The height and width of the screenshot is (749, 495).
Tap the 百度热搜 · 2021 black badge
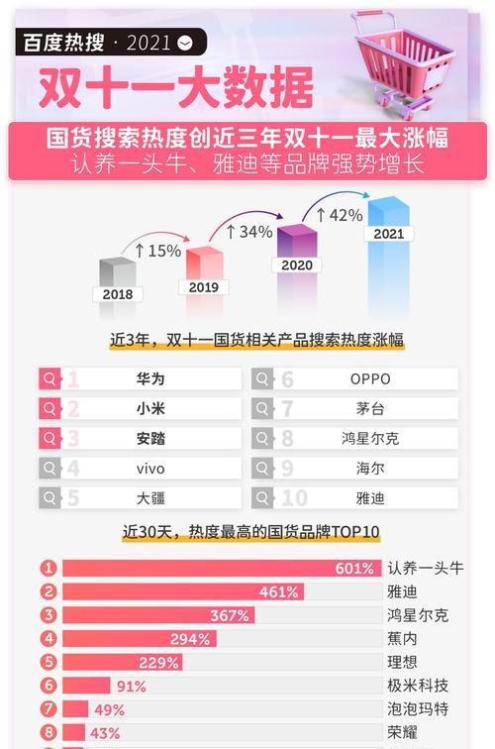110,42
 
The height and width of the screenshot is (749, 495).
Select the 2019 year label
203,286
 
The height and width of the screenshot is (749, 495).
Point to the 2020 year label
296,265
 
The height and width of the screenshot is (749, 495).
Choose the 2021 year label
388,234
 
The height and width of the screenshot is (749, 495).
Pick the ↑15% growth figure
157,251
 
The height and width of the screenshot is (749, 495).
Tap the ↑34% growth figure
248,231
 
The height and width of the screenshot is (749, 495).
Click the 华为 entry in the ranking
150,378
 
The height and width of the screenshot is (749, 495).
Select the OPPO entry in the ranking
370,378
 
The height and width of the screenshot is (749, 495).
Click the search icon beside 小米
49,408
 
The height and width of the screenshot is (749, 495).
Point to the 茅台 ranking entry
370,408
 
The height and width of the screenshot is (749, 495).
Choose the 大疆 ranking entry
150,497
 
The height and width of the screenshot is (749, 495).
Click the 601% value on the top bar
354,568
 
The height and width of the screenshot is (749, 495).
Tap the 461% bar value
279,591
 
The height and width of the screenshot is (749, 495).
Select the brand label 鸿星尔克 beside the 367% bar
418,615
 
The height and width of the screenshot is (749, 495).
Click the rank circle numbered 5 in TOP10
49,662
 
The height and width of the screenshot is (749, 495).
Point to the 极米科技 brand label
418,686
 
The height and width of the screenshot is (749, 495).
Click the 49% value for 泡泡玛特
109,709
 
